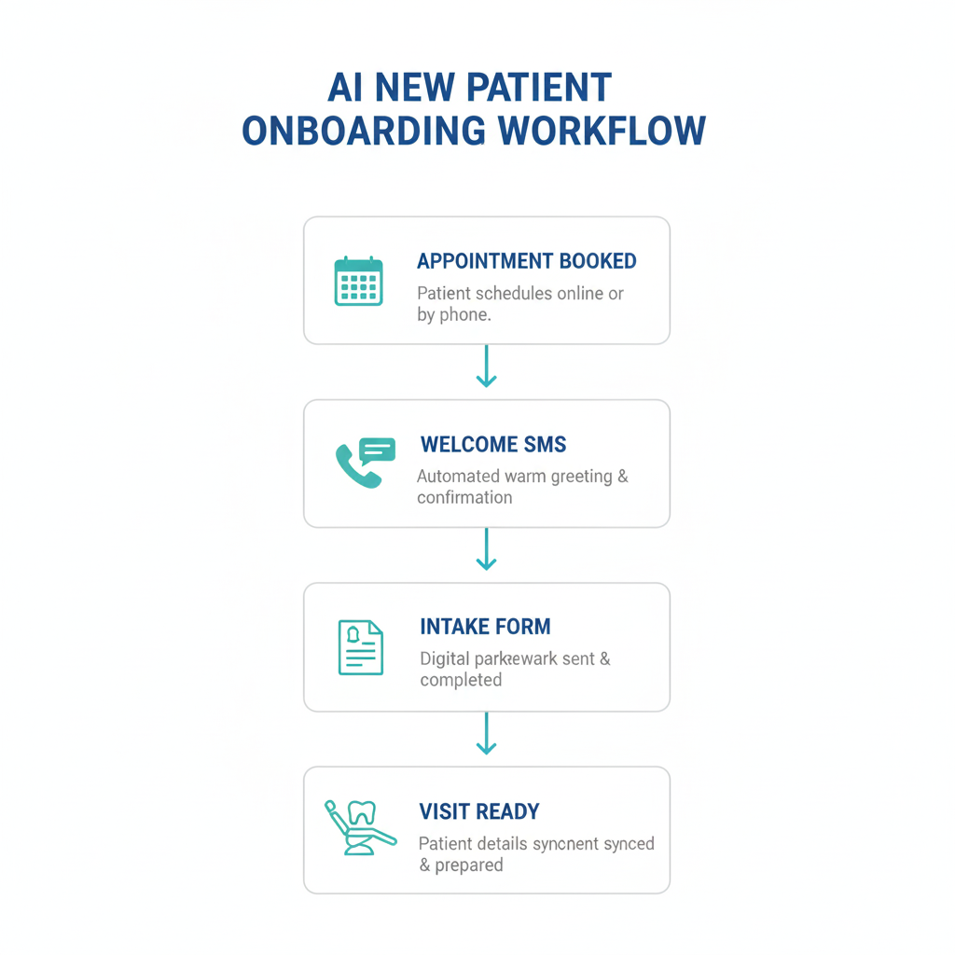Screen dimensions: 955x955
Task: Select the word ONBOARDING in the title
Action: coord(364,131)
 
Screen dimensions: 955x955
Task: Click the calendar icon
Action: coord(359,281)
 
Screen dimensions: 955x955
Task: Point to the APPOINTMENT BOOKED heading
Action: coord(527,261)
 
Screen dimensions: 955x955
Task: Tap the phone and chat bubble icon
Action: coord(364,463)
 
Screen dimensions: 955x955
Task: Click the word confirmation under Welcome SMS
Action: coord(464,497)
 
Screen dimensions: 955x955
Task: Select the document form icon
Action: coord(360,647)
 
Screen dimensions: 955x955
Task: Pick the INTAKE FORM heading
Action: coord(485,627)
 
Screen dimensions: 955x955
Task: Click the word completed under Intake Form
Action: coord(461,680)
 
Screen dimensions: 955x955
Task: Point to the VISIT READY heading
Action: coord(479,811)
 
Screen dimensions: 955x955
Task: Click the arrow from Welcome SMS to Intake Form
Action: coord(486,549)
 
